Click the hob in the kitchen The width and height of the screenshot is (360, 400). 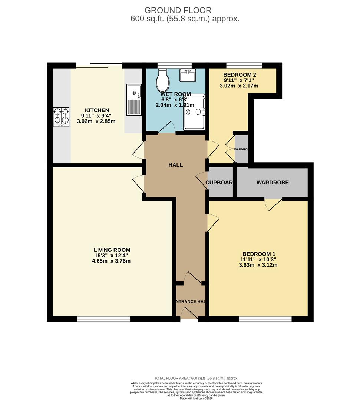coord(61,117)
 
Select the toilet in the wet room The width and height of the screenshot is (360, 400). coord(162,81)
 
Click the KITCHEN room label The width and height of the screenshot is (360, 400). coord(97,110)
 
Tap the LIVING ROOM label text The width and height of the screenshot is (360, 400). coord(112,250)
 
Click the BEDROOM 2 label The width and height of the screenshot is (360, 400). coord(240,74)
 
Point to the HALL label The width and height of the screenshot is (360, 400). coord(175,165)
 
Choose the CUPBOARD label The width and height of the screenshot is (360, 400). coord(219,183)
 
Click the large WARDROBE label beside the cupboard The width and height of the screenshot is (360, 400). coord(273,183)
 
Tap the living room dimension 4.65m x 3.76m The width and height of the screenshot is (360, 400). coord(112,261)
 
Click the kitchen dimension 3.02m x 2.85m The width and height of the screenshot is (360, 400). coord(97,121)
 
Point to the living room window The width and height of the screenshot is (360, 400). coord(104,319)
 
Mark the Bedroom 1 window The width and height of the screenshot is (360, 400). coord(265,319)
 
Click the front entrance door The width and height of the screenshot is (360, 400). coord(189,314)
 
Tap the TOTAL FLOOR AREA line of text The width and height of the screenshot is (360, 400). coord(196,378)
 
